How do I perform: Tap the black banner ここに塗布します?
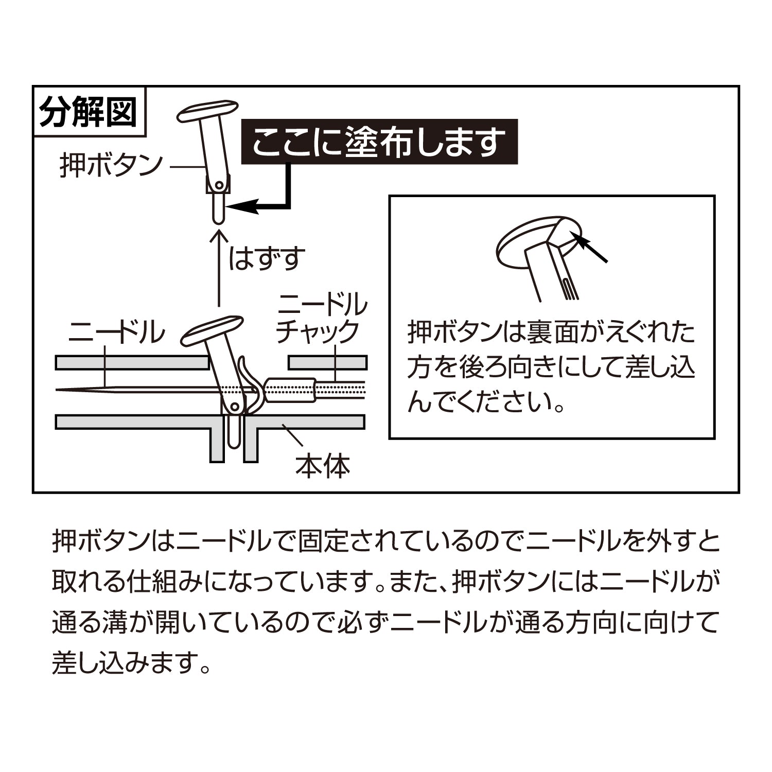(380, 142)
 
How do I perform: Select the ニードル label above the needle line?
(117, 332)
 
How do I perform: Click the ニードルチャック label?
(322, 318)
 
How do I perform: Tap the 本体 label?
(323, 466)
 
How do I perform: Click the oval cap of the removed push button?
(208, 111)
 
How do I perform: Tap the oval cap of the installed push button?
(212, 330)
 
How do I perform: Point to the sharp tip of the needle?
(57, 389)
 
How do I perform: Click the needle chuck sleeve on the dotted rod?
(291, 391)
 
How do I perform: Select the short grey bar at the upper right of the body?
(328, 363)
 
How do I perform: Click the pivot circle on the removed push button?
(219, 184)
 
